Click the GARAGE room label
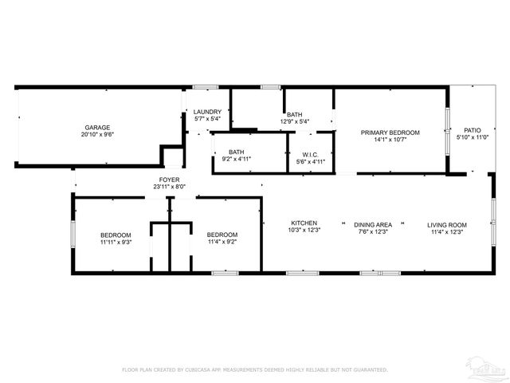pyautogui.click(x=98, y=127)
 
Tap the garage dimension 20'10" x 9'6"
pyautogui.click(x=98, y=135)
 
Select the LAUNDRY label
pyautogui.click(x=207, y=112)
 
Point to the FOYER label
pyautogui.click(x=169, y=180)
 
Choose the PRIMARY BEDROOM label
pyautogui.click(x=390, y=132)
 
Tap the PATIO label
pyautogui.click(x=473, y=129)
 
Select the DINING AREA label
pyautogui.click(x=373, y=224)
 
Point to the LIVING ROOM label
pyautogui.click(x=447, y=224)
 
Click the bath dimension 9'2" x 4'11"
pyautogui.click(x=236, y=160)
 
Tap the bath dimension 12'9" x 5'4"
pyautogui.click(x=295, y=122)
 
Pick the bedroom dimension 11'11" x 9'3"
pyautogui.click(x=116, y=242)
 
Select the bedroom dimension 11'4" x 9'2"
pyautogui.click(x=222, y=242)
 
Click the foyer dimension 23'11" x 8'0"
pyautogui.click(x=169, y=187)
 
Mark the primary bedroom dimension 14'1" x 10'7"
pyautogui.click(x=390, y=140)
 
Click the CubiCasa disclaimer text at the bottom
pyautogui.click(x=254, y=369)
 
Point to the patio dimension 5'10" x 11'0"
pyautogui.click(x=473, y=137)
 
